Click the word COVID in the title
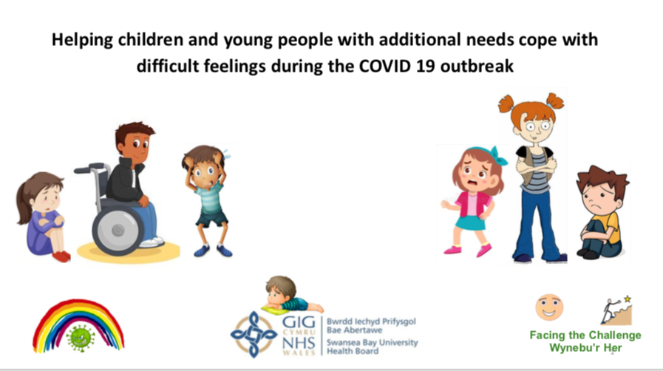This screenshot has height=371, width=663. point(385,66)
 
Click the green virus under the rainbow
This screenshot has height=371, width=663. point(81,338)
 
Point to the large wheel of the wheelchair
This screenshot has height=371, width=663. point(118,231)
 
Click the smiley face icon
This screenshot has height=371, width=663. point(549,307)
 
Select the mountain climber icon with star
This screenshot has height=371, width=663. point(617,310)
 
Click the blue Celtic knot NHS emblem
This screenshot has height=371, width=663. point(254,334)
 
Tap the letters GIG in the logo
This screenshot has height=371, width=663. point(299,322)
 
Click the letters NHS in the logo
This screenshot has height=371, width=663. point(299,343)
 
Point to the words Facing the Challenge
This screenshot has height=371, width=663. point(585,336)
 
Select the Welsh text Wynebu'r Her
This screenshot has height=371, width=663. point(585,348)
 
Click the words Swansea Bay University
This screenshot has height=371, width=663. point(372,342)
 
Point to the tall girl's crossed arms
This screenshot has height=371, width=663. point(536,166)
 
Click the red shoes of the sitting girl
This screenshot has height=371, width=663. point(61,256)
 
